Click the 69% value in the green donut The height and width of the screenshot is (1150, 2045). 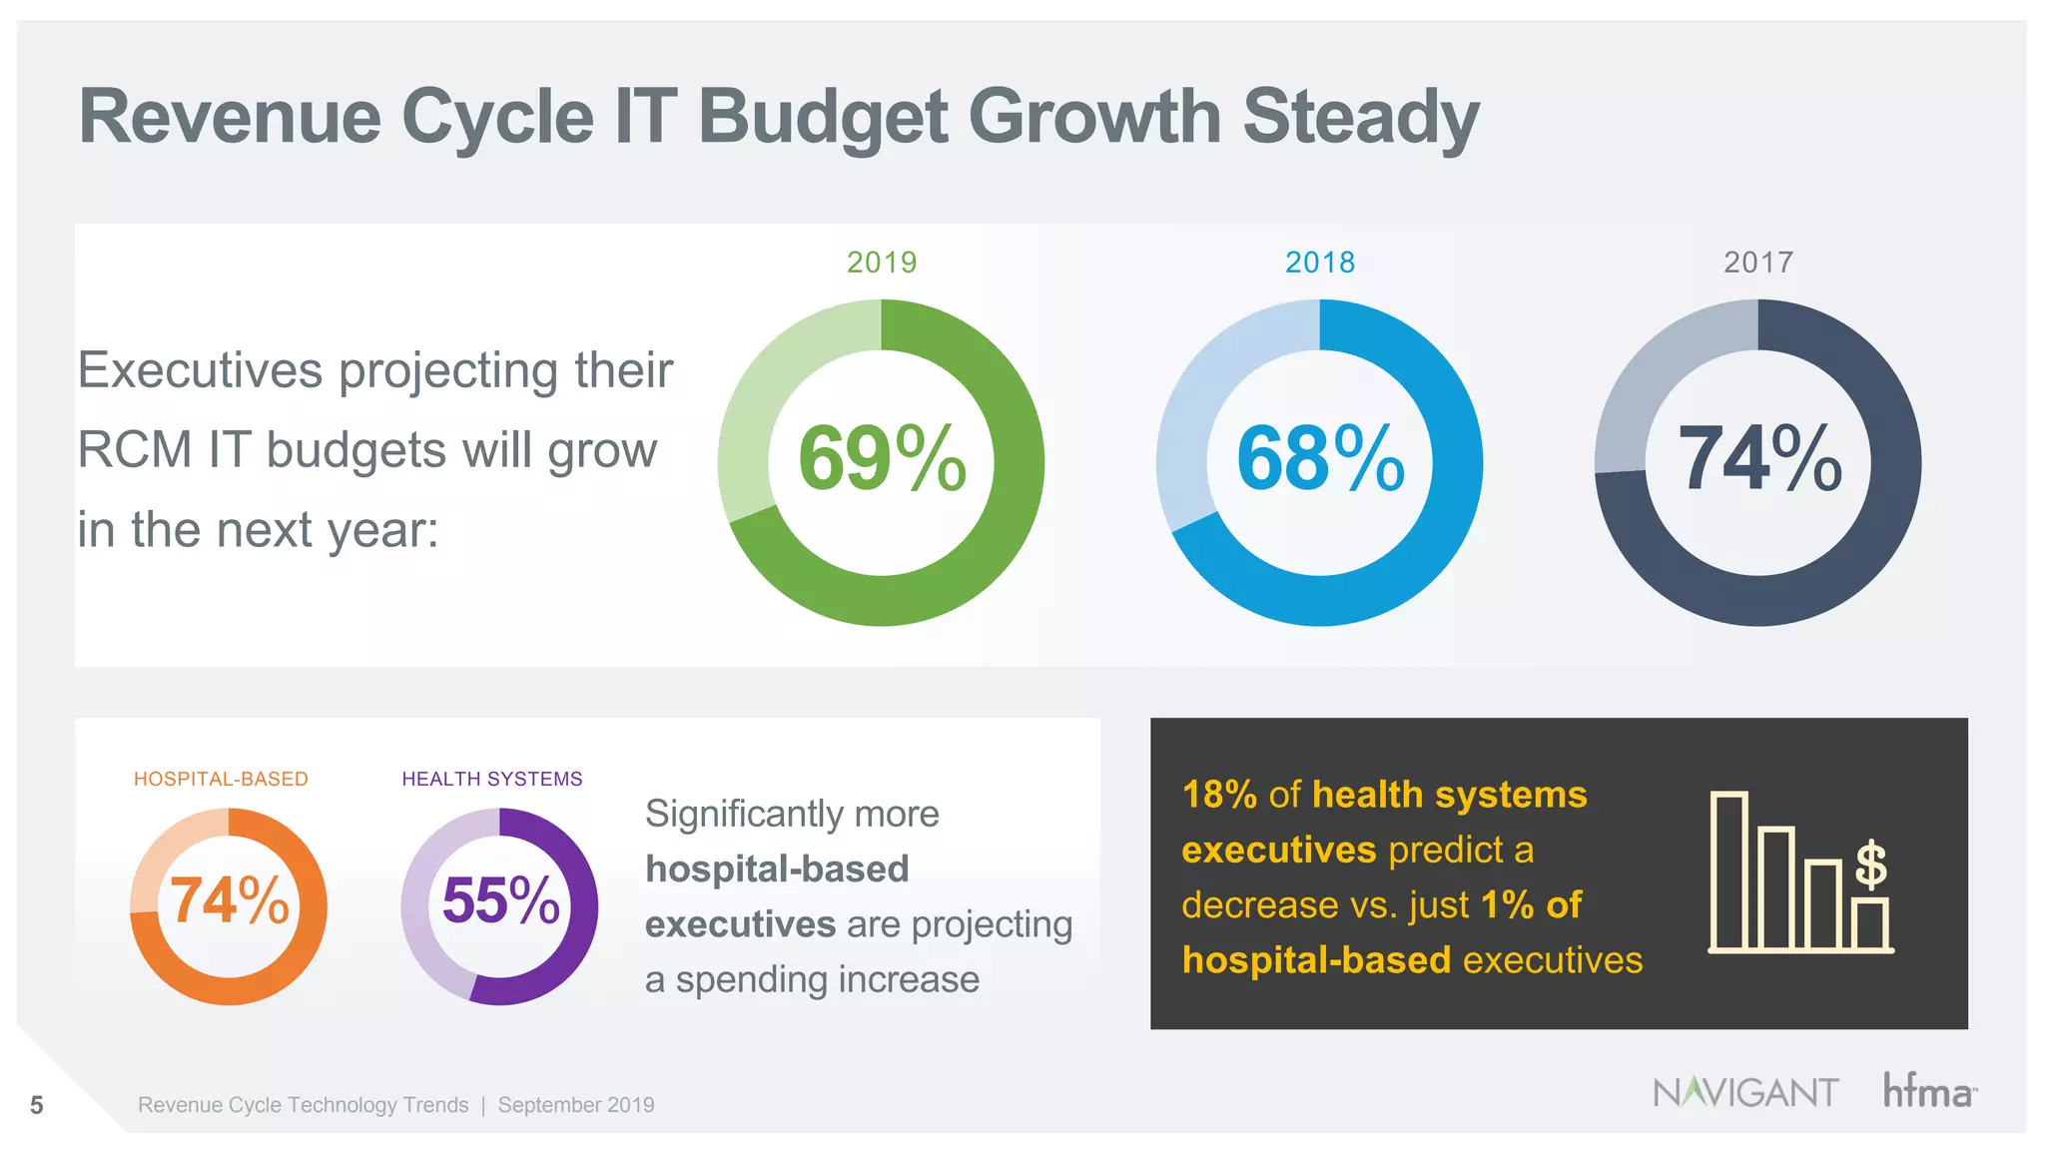pos(882,459)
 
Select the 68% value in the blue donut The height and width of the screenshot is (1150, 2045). pos(1320,459)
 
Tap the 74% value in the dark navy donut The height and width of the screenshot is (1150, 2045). pos(1759,459)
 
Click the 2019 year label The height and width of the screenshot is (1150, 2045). pos(882,263)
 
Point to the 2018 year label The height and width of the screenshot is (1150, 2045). pos(1320,263)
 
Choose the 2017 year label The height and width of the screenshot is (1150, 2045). pos(1758,263)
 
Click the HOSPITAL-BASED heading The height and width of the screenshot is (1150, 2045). pos(221,779)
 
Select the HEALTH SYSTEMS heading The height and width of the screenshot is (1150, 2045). pos(492,779)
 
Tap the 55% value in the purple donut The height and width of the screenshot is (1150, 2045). pos(500,900)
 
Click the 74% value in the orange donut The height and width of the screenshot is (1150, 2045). pos(230,900)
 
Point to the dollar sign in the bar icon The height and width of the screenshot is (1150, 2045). pos(1870,864)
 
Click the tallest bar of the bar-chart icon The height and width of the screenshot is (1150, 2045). pos(1729,870)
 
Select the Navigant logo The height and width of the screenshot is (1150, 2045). pos(1745,1092)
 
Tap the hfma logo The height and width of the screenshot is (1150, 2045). pos(1928,1091)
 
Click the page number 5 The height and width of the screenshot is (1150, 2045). pos(37,1105)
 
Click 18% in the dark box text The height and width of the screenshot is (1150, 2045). pos(1219,795)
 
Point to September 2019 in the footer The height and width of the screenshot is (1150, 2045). pos(576,1105)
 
